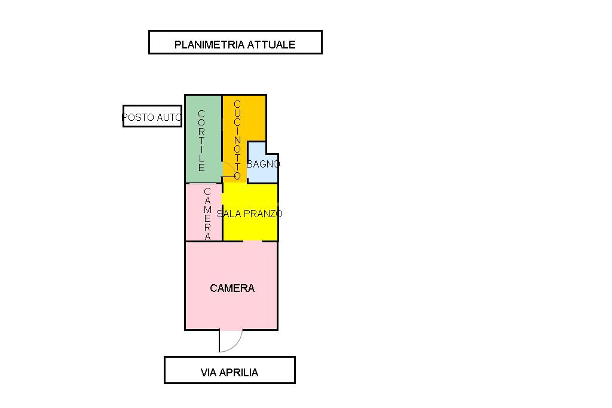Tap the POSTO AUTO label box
(x=152, y=116)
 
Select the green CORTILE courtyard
(x=203, y=139)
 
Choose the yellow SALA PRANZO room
(x=250, y=212)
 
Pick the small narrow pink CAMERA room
(x=204, y=212)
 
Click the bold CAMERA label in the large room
(x=232, y=288)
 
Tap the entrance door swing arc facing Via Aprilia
(x=237, y=345)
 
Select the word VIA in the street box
(x=208, y=373)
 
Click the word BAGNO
(x=263, y=164)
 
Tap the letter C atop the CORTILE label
(x=201, y=113)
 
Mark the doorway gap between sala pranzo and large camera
(x=253, y=241)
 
